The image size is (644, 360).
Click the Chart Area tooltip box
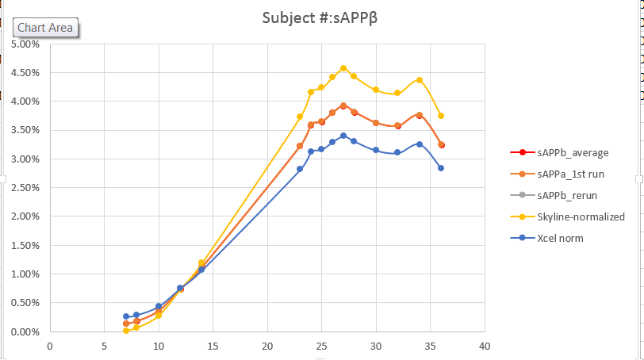(x=45, y=28)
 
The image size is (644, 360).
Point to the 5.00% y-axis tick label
(x=25, y=44)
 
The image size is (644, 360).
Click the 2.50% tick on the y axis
(x=25, y=188)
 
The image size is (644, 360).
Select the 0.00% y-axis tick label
(x=25, y=331)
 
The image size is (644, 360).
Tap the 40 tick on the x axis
(x=485, y=346)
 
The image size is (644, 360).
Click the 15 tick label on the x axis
(x=213, y=346)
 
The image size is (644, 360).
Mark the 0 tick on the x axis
(x=50, y=346)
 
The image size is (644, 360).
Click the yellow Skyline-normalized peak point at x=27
(x=343, y=68)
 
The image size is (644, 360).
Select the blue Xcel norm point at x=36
(x=441, y=168)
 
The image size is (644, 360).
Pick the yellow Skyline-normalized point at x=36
(x=441, y=116)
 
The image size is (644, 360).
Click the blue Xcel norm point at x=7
(x=126, y=316)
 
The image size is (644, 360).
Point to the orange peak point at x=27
(x=343, y=105)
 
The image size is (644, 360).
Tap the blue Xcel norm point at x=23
(x=300, y=169)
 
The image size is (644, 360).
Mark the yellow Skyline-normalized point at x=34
(x=420, y=80)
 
